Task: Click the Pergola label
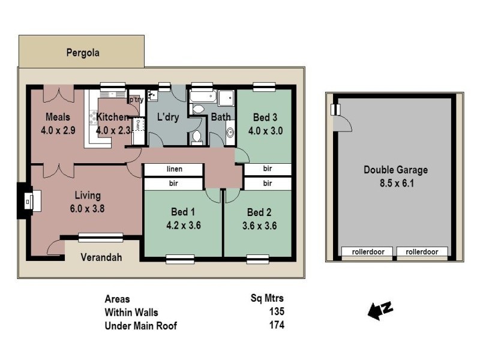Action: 82,52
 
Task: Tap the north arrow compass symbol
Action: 380,310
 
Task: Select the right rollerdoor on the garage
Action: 422,252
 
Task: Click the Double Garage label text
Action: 395,170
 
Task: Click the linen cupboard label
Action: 175,169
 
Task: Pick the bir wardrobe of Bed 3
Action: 268,169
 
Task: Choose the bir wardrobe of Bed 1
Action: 175,183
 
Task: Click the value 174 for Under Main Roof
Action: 277,325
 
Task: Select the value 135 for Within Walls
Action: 277,312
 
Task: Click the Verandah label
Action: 101,257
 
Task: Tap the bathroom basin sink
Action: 230,133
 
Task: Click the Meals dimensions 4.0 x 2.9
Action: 58,130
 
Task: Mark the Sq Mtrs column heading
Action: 267,298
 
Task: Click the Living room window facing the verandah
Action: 101,238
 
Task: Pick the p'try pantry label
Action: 136,100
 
